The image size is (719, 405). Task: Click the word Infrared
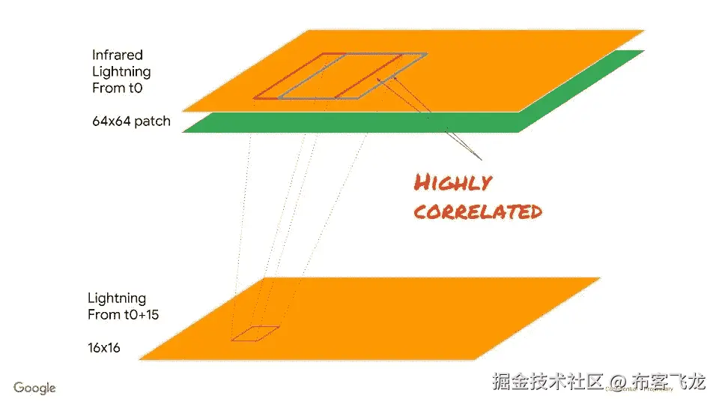tap(117, 55)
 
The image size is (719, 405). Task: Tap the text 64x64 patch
tap(131, 121)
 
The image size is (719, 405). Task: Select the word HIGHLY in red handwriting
tap(453, 182)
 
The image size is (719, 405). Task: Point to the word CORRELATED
tap(478, 211)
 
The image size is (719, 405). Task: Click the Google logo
tap(34, 388)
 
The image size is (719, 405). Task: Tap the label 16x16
tap(104, 348)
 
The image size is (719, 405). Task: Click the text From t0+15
tap(123, 314)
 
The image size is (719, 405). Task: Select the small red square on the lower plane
tap(255, 333)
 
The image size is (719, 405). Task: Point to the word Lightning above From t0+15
tap(117, 298)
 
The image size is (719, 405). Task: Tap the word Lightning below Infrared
tap(121, 71)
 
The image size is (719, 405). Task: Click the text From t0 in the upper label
tap(117, 88)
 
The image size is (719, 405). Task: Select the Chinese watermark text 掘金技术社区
tap(547, 382)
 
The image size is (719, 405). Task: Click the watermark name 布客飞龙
tap(669, 382)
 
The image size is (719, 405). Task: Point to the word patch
tap(154, 121)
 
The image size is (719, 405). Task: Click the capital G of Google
tap(19, 388)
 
